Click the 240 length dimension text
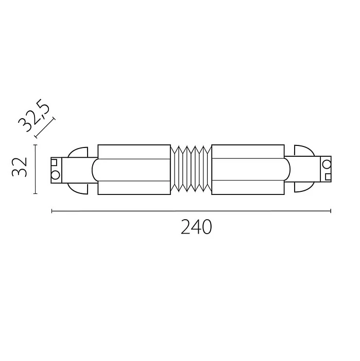196,227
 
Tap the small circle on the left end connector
55,174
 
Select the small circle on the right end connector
326,165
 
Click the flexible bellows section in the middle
191,170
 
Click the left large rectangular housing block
133,170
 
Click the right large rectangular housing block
247,170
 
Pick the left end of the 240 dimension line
52,210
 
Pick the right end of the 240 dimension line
330,210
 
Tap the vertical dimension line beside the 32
35,170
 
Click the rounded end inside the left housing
96,170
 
